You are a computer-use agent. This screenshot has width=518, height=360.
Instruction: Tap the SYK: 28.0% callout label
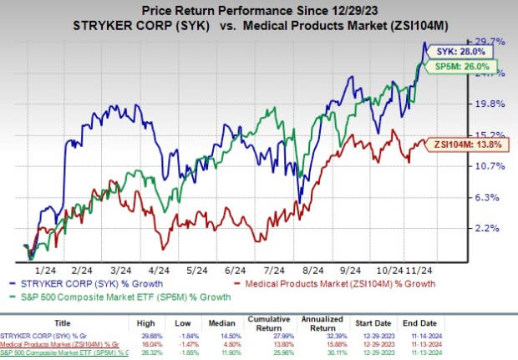(456, 52)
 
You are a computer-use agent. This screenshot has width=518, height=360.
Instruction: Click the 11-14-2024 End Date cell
(484, 334)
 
